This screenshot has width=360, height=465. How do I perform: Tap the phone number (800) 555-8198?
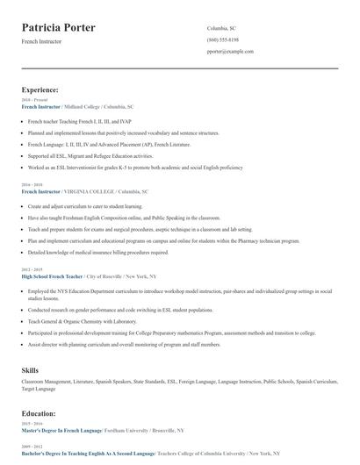click(x=222, y=40)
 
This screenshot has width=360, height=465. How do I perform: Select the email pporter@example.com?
click(x=230, y=52)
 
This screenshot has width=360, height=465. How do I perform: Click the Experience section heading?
click(x=40, y=89)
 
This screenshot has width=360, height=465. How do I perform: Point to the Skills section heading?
click(x=30, y=370)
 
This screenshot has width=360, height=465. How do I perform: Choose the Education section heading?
click(x=39, y=412)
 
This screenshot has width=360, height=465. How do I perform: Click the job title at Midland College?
click(x=40, y=105)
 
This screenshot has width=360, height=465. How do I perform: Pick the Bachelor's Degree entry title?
click(x=87, y=454)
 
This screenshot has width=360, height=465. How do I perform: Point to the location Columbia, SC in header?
click(x=221, y=28)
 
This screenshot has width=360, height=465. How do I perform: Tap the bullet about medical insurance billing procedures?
click(x=98, y=252)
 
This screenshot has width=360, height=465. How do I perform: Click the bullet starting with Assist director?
click(x=124, y=345)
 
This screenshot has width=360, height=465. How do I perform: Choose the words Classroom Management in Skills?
click(x=46, y=383)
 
